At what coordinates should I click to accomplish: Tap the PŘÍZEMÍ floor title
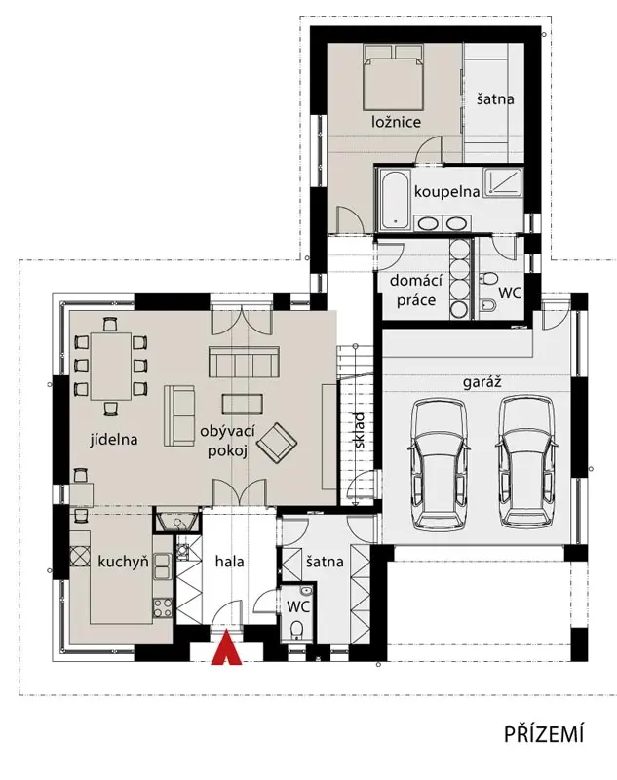coord(544,734)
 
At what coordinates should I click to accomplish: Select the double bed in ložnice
coord(393,77)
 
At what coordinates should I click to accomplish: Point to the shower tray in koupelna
coord(503,182)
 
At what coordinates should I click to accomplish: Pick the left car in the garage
coord(440,462)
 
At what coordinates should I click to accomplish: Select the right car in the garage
coord(527,461)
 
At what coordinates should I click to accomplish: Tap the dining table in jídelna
coord(111,367)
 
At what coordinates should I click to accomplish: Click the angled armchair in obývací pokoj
coord(277,443)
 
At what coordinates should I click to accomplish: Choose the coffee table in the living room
coord(243,404)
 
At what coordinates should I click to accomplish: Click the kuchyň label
coord(123,563)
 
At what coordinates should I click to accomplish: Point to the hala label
coord(230,562)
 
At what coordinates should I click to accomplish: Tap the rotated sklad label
coord(360,430)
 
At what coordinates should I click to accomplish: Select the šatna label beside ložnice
coord(495,98)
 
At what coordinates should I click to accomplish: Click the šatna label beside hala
coord(325,562)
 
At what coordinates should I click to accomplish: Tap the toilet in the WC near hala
coord(297,629)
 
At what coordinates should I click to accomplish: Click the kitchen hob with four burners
coord(162,607)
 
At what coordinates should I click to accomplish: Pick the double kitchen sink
coord(162,566)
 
